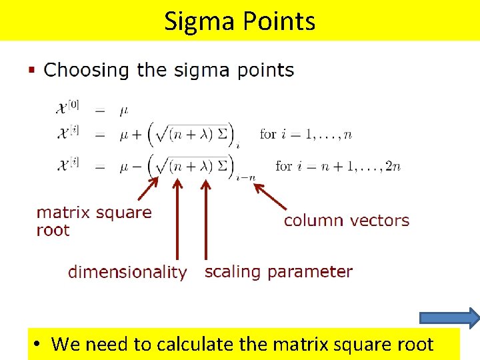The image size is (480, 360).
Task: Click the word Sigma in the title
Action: pos(195,21)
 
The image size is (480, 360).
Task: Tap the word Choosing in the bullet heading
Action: pos(87,70)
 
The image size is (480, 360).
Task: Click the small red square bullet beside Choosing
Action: pos(31,69)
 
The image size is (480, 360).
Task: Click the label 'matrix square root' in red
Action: pos(93,221)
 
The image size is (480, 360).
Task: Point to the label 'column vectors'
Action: pos(346,221)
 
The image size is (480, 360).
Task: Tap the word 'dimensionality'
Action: pos(127,272)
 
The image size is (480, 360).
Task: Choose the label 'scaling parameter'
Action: pos(278,271)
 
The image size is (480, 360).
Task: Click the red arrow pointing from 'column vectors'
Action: pos(271,196)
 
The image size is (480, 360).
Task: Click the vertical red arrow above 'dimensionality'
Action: pos(177,220)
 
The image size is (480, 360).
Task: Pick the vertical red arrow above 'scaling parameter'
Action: pos(205,220)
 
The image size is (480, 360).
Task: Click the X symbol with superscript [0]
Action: pos(68,107)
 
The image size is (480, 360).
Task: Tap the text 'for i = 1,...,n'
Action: pos(305,134)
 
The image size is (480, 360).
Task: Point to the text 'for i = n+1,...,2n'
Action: pos(337,165)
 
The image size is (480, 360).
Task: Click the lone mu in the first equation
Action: pos(124,109)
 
